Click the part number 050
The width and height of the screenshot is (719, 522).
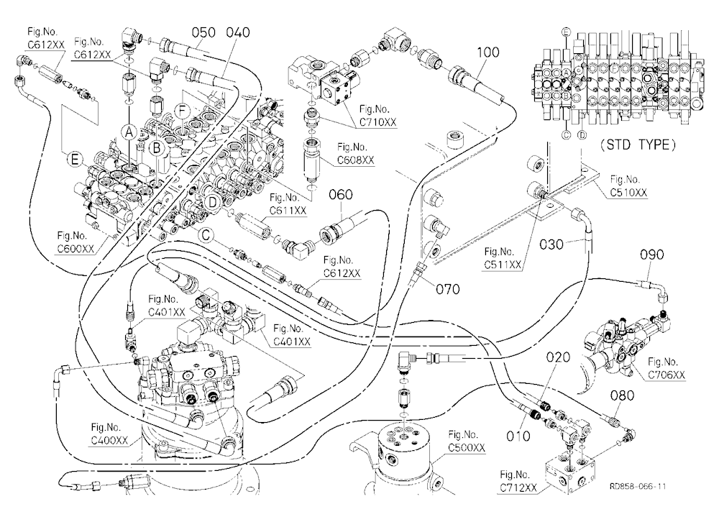click(203, 32)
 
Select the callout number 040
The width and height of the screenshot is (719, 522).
click(238, 32)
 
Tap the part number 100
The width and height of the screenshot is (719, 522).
click(488, 52)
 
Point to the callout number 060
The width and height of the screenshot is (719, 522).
click(341, 195)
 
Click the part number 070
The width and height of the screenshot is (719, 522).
click(447, 290)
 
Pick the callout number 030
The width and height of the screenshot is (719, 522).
click(551, 244)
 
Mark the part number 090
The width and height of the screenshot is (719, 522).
click(651, 255)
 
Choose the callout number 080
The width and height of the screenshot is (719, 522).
click(622, 395)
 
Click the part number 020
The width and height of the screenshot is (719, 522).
click(558, 357)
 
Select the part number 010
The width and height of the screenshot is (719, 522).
click(518, 436)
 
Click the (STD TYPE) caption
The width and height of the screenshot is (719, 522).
click(638, 145)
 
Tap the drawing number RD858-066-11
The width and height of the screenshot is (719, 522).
click(638, 486)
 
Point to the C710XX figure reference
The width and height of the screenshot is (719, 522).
click(378, 122)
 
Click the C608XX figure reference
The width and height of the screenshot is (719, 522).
click(356, 160)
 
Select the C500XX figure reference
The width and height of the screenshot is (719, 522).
click(467, 448)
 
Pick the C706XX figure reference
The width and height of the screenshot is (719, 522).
click(667, 375)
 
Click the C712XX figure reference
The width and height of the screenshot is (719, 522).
click(518, 487)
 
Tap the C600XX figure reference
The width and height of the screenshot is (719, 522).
click(75, 249)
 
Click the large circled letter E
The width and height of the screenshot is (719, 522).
click(75, 160)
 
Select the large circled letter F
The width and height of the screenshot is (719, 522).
click(182, 111)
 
